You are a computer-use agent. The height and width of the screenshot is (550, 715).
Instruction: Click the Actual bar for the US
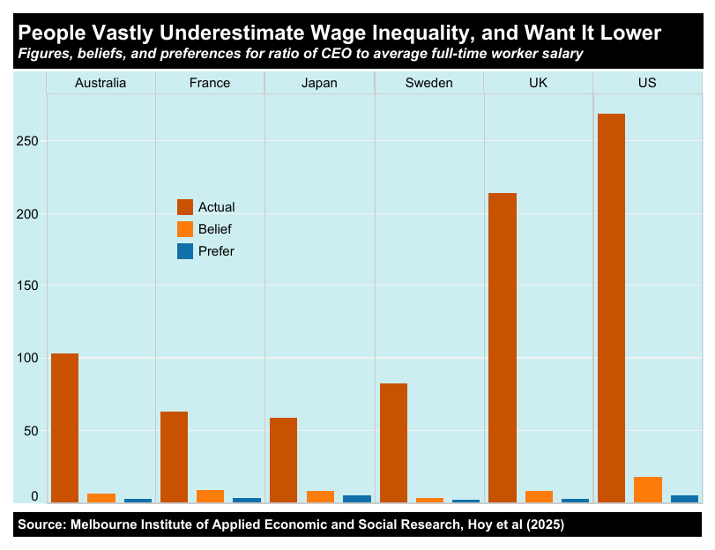611,308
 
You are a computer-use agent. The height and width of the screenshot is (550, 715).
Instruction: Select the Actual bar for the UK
502,347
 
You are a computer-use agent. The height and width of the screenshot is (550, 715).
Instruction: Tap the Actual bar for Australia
64,427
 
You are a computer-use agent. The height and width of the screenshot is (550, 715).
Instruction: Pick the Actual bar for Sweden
393,442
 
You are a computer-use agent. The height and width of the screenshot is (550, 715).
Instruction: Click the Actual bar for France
174,457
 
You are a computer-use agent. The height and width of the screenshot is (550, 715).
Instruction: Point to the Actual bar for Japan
283,459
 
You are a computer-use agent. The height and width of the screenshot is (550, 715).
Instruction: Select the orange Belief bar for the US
648,490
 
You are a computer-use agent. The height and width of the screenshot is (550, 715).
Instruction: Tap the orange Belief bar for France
210,496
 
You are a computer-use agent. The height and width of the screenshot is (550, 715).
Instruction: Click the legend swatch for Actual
185,207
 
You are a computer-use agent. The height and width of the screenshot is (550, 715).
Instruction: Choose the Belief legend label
215,229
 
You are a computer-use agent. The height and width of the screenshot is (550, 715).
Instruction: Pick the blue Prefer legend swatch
185,251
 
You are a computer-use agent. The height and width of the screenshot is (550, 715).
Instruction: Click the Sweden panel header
429,83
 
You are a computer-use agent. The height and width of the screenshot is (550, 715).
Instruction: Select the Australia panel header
101,83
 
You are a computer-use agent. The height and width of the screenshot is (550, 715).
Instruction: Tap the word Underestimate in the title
233,33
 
